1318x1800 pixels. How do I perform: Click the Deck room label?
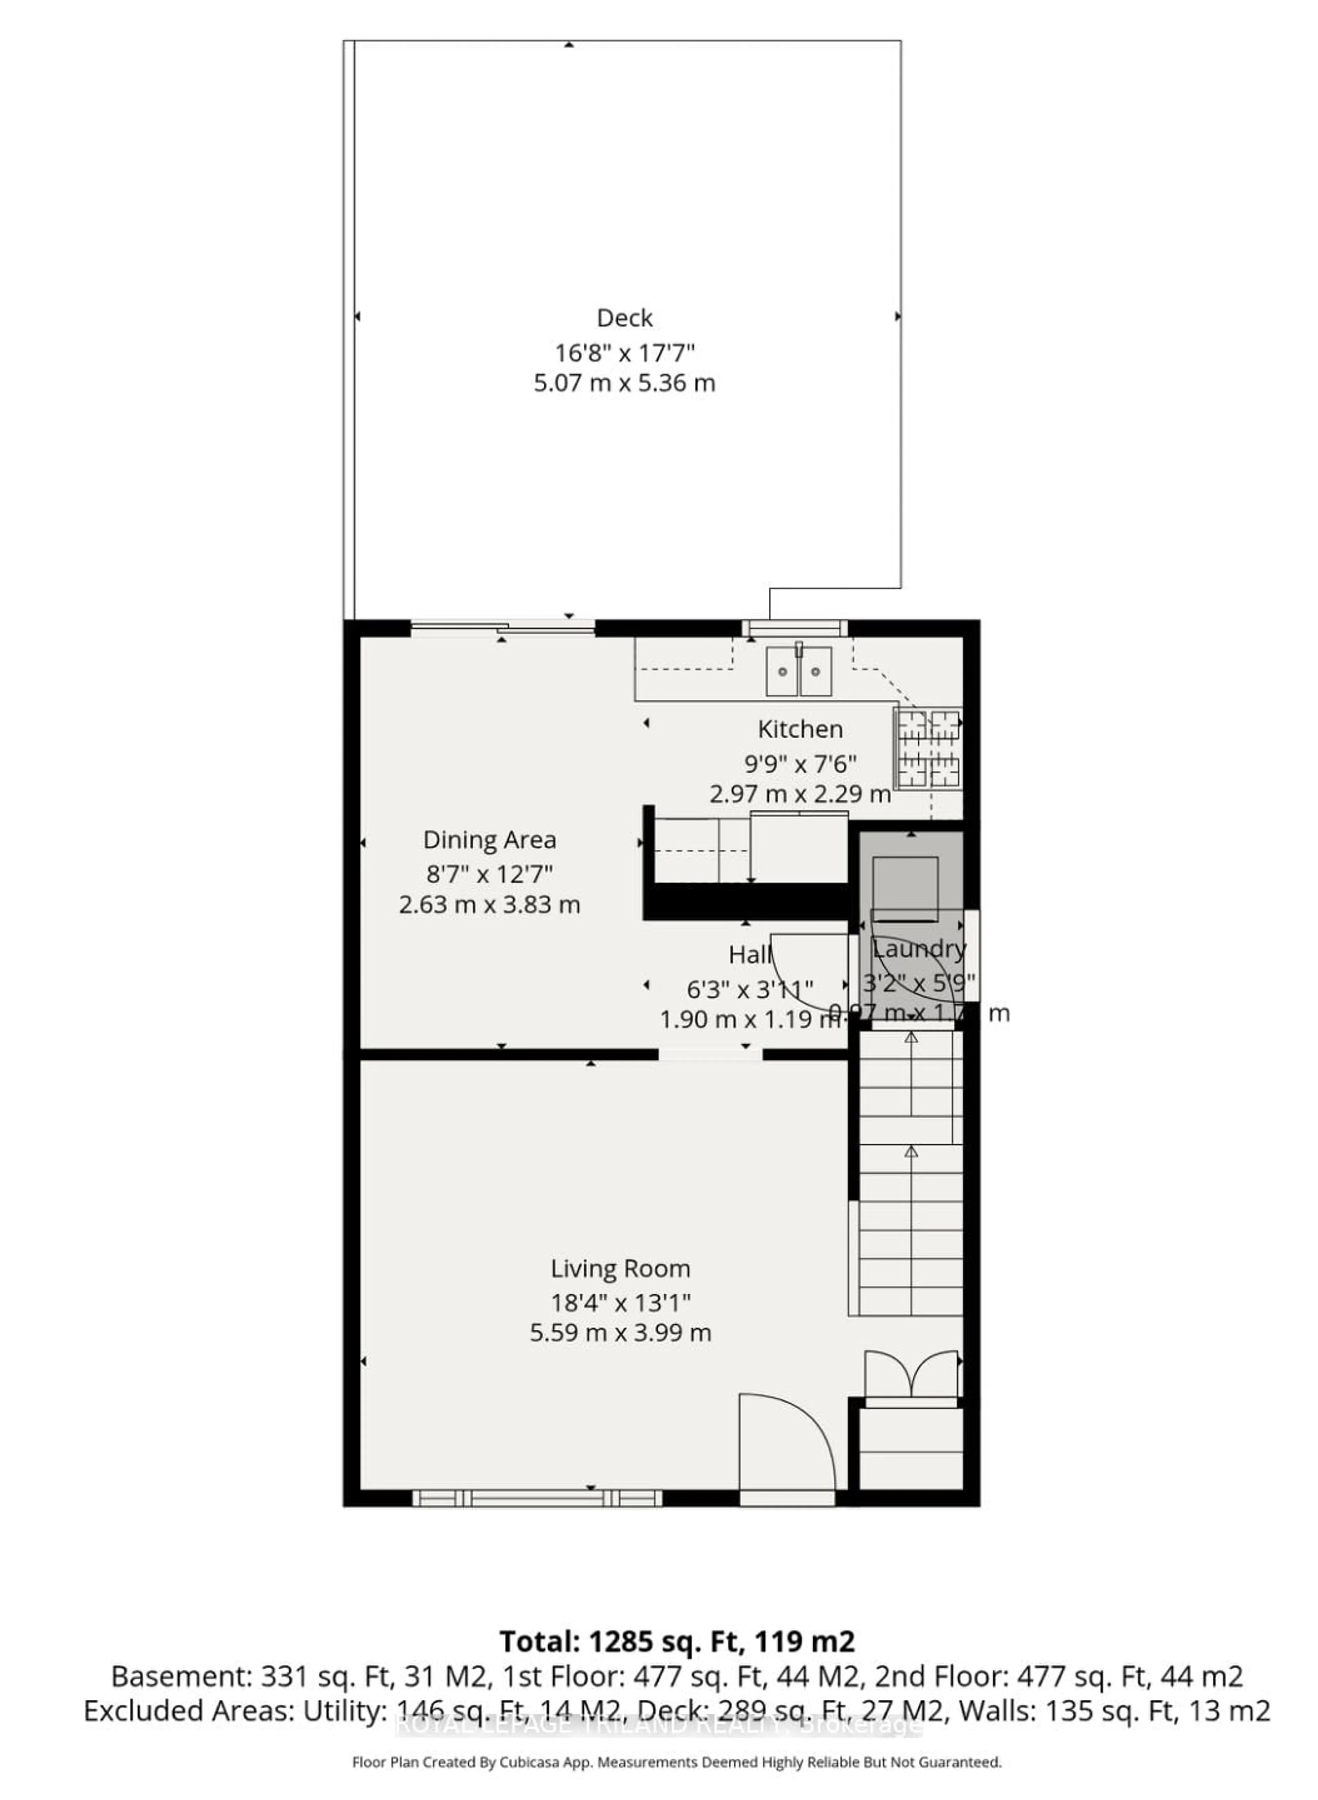(625, 318)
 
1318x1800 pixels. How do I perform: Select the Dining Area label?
(489, 840)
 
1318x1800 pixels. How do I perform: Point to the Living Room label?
(620, 1269)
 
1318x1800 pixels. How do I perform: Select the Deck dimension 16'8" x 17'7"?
(625, 352)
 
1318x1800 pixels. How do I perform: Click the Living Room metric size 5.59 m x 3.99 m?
(620, 1333)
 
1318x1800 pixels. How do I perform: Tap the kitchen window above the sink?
(794, 628)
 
